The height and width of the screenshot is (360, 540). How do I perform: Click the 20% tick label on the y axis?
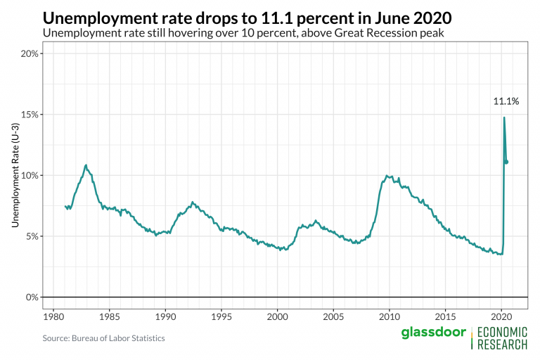(x=28, y=53)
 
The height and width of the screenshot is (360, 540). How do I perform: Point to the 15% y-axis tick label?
(x=28, y=114)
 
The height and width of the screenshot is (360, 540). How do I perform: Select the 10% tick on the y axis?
(x=28, y=175)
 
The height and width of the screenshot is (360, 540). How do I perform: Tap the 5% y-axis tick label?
(x=30, y=236)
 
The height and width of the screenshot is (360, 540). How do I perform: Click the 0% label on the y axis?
(x=30, y=297)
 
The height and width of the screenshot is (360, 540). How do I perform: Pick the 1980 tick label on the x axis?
(x=53, y=317)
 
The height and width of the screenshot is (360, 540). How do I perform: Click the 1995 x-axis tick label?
(x=221, y=317)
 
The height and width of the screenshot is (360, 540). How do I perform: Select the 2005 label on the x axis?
(x=333, y=317)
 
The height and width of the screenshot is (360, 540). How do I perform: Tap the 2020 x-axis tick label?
(x=502, y=317)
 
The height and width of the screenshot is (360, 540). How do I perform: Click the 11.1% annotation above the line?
(x=506, y=101)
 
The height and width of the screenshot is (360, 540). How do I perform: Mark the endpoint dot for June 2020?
(x=506, y=162)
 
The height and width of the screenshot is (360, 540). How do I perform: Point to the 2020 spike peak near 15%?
(x=504, y=117)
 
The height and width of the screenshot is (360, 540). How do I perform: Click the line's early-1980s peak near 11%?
(x=86, y=165)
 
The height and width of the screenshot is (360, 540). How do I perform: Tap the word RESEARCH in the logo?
(x=502, y=345)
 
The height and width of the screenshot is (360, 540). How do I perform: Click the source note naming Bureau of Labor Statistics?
(x=103, y=338)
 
